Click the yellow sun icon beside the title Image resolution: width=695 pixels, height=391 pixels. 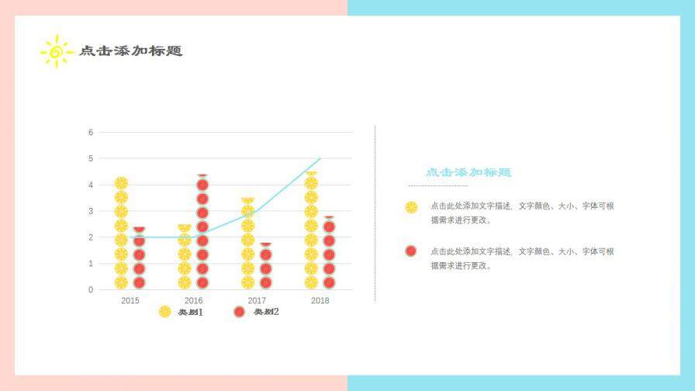[x=57, y=51]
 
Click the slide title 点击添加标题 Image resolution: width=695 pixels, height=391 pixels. [x=131, y=51]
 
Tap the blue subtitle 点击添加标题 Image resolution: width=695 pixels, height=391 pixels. [x=468, y=172]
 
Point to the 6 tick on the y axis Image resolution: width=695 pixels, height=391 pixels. [x=91, y=133]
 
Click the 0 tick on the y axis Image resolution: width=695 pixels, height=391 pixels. [x=91, y=290]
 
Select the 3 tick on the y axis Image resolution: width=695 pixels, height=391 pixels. [x=91, y=211]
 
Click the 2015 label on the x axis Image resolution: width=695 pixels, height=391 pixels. [x=130, y=301]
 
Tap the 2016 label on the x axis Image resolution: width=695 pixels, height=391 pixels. [x=194, y=301]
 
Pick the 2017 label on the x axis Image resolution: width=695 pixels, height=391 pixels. [x=257, y=301]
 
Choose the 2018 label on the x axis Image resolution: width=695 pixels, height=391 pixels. [x=320, y=301]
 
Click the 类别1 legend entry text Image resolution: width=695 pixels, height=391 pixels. [x=190, y=312]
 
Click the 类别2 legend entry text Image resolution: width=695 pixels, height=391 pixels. [x=266, y=312]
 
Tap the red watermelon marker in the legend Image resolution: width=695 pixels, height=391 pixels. [x=240, y=312]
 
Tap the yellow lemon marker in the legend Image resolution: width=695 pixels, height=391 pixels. [x=164, y=312]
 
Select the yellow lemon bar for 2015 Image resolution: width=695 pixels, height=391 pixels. [x=121, y=234]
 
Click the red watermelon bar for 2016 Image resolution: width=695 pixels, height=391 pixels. [x=202, y=233]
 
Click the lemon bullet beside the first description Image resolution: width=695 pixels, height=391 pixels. [x=411, y=207]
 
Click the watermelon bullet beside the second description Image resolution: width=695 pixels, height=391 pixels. [x=411, y=251]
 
